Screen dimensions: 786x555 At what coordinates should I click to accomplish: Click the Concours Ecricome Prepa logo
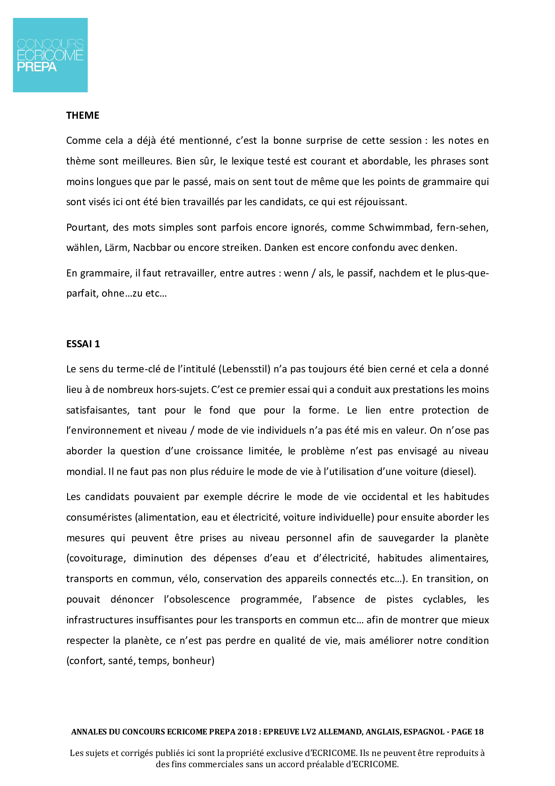click(x=50, y=55)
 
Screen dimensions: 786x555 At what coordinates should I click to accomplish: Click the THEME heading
click(x=83, y=116)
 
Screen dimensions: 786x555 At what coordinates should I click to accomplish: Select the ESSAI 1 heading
click(x=83, y=344)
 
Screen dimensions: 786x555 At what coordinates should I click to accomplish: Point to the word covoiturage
click(x=95, y=558)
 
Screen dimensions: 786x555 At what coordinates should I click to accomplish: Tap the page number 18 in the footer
click(x=478, y=732)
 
